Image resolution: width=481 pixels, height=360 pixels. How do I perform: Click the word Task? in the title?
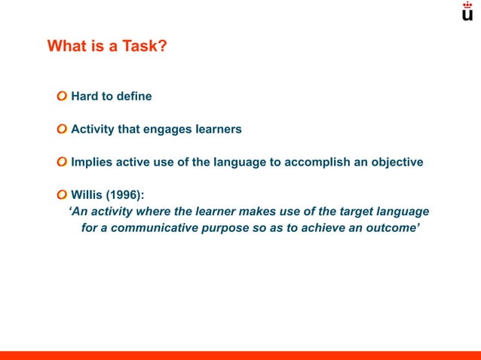coord(143,47)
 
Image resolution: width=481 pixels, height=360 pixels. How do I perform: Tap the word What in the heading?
coord(66,47)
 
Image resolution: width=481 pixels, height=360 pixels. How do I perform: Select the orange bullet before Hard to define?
coord(61,96)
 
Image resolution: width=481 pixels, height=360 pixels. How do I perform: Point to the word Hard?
coord(85,96)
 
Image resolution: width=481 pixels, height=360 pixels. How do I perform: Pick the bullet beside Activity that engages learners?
coord(61,129)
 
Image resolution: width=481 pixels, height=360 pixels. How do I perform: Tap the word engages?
coord(166,129)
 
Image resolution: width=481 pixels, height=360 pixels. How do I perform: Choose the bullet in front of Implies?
coord(61,162)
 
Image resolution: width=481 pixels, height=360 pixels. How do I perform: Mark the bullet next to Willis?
coord(61,195)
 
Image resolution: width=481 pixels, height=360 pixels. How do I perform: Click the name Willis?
coord(87,195)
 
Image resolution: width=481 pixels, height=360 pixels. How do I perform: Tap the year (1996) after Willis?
coord(125,195)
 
